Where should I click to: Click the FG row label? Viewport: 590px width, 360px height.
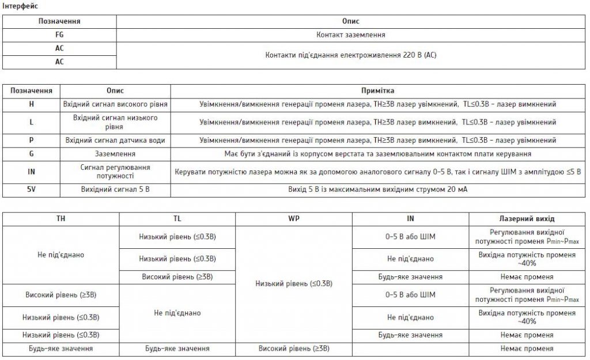click(59, 35)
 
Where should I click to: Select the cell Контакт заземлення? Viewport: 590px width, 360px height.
click(351, 35)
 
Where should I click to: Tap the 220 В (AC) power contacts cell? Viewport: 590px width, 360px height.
click(351, 55)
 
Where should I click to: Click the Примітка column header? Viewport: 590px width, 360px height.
click(377, 91)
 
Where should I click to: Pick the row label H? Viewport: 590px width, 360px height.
click(31, 104)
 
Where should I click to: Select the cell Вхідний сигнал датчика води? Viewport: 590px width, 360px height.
click(115, 140)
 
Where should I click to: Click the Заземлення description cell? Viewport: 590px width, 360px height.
click(115, 154)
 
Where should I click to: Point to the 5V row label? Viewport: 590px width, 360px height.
click(31, 190)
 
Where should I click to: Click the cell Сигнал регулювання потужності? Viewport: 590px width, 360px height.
click(115, 171)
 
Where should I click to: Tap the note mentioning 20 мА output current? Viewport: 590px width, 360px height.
click(377, 190)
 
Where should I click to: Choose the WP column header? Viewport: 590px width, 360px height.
click(294, 219)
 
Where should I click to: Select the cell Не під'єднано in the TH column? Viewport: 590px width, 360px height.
click(60, 255)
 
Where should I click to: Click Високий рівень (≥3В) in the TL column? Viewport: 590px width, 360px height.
click(177, 277)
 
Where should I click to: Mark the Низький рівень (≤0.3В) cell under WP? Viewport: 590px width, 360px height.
click(294, 283)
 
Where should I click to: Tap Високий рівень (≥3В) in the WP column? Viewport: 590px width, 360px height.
click(294, 348)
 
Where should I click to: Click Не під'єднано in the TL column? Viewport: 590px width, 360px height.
click(177, 313)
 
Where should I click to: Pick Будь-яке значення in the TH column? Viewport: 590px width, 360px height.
click(60, 348)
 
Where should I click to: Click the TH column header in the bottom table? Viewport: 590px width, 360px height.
click(60, 219)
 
